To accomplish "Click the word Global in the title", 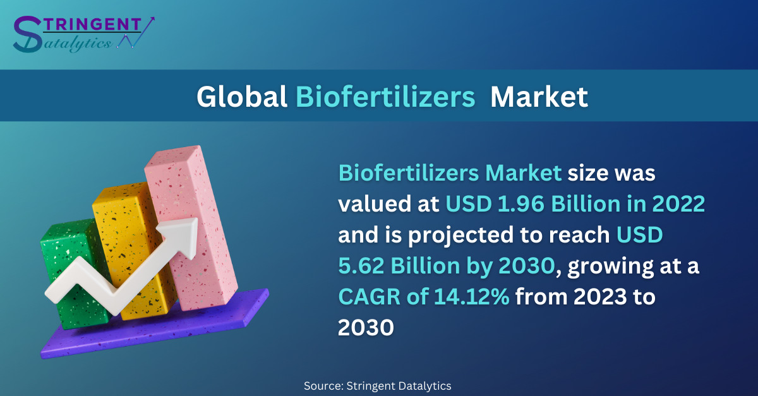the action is click(242, 97).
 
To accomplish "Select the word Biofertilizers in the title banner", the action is click(385, 97).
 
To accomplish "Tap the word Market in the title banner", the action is click(539, 97).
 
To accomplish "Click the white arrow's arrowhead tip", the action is click(197, 219).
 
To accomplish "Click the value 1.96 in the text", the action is click(520, 204).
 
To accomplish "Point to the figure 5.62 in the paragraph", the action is click(361, 266).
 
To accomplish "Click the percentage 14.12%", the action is click(472, 297).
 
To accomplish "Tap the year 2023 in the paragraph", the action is click(600, 297).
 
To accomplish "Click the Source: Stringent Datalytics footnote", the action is click(377, 386).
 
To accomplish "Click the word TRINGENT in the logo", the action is click(92, 25).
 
